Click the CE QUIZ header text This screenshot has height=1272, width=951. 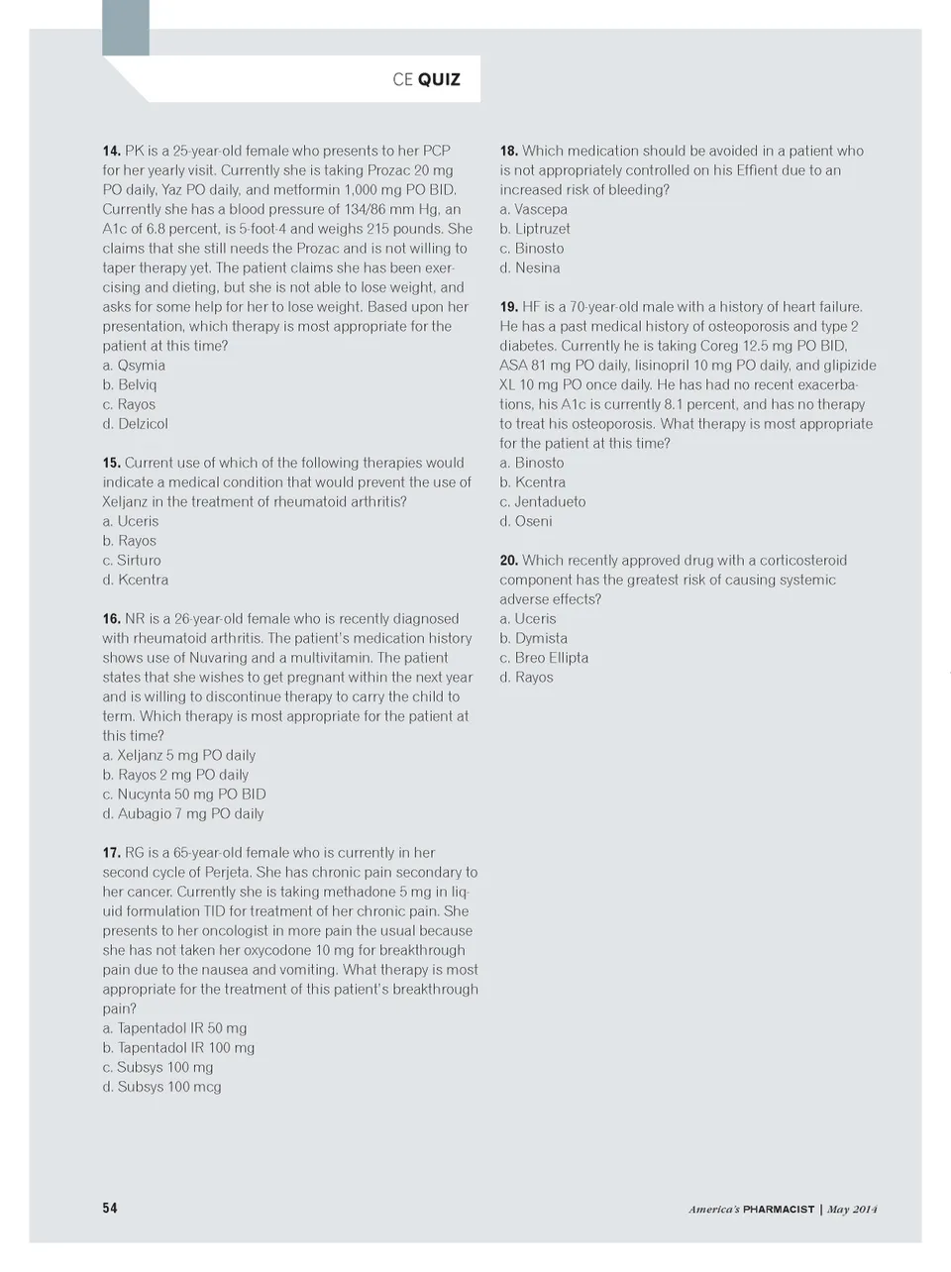[x=426, y=79]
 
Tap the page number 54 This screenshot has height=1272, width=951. [x=110, y=1208]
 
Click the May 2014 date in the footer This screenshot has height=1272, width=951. [x=853, y=1209]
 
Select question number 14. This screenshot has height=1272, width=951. [x=111, y=151]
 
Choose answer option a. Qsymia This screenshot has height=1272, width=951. [x=134, y=366]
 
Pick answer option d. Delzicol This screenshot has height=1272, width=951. [x=135, y=424]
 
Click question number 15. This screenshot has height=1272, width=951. [x=111, y=463]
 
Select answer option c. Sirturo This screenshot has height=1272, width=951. [x=132, y=561]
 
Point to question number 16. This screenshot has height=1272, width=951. [x=111, y=618]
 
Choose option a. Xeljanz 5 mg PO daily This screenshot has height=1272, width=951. [x=179, y=755]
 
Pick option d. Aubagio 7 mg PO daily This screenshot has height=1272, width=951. [x=183, y=813]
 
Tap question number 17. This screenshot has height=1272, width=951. [x=111, y=853]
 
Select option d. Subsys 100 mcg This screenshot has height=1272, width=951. [x=161, y=1087]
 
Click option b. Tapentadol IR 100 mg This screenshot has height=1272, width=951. [x=178, y=1048]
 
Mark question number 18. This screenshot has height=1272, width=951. [x=508, y=151]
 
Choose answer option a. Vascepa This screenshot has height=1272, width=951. [x=533, y=209]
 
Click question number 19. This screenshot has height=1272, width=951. [x=508, y=307]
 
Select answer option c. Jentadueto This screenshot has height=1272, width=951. [x=542, y=502]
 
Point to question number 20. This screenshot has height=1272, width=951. [x=508, y=561]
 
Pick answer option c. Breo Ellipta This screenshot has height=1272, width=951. [x=544, y=658]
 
